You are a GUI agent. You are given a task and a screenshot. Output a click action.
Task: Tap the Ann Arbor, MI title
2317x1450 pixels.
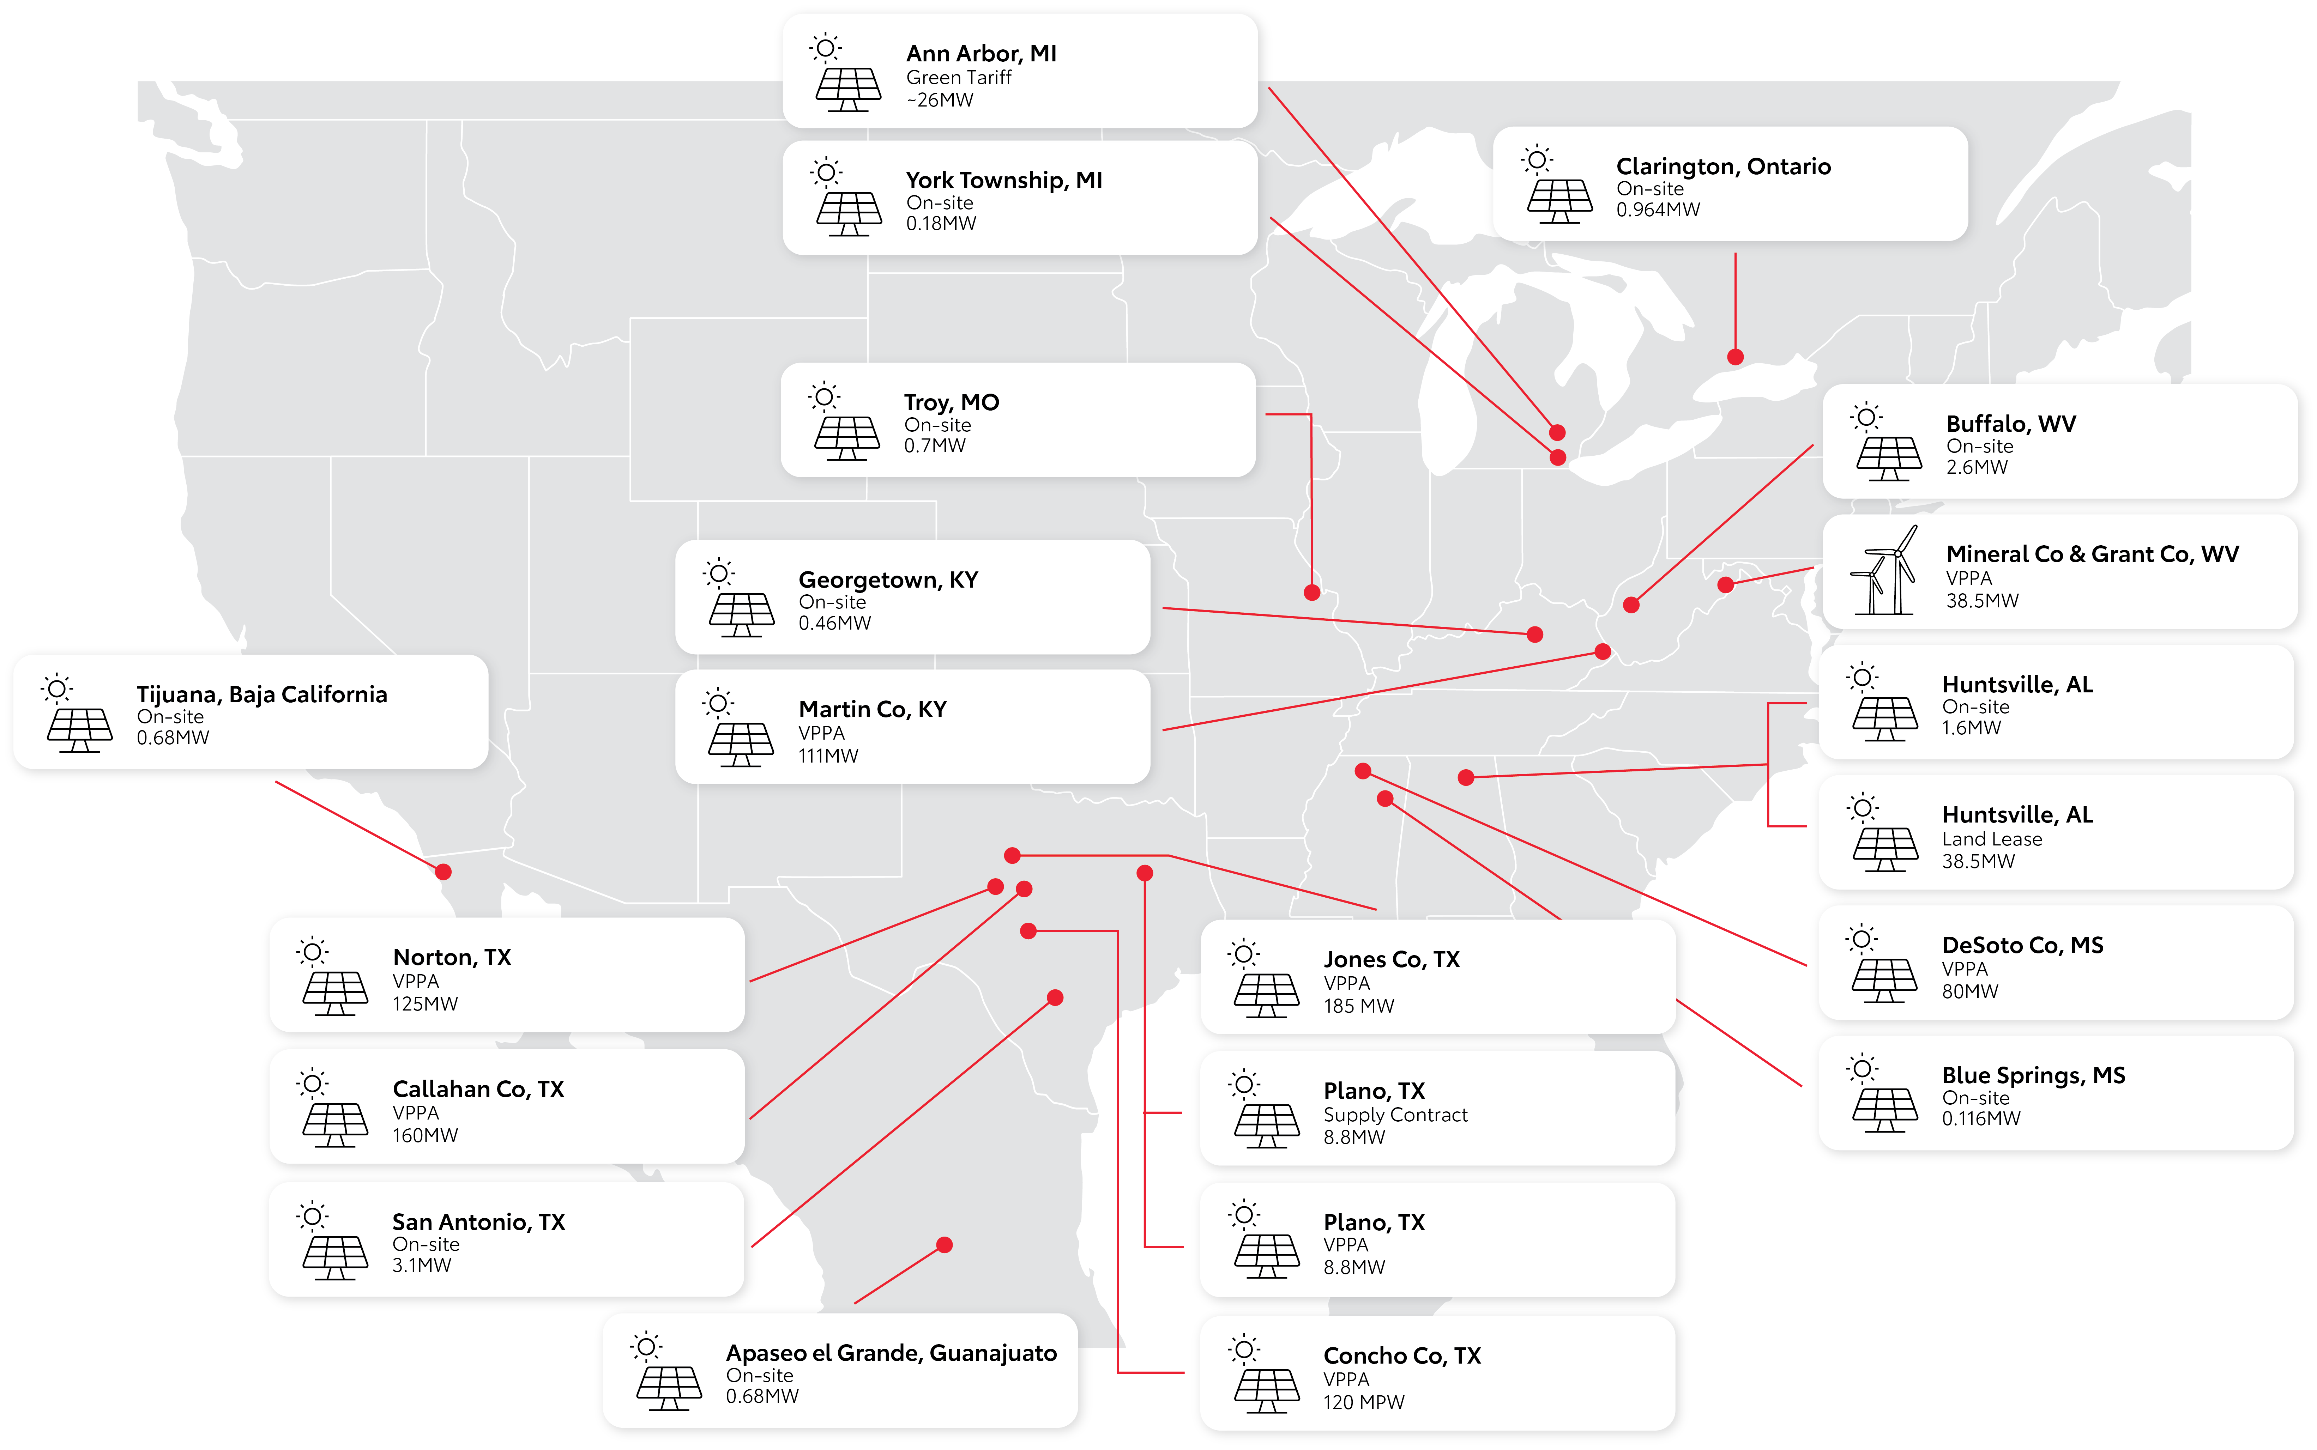[x=981, y=54]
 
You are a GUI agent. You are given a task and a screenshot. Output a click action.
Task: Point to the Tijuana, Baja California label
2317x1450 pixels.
[x=262, y=694]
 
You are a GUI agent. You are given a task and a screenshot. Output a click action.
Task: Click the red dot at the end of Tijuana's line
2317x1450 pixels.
[x=443, y=872]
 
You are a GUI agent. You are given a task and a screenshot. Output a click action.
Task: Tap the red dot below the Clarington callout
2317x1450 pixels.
[x=1735, y=357]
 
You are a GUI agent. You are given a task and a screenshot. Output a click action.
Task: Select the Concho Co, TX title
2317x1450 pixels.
[x=1402, y=1355]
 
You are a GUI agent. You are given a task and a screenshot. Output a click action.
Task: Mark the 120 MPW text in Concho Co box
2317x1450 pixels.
[x=1364, y=1402]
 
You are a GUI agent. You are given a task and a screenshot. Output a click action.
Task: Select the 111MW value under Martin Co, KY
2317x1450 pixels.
[x=828, y=756]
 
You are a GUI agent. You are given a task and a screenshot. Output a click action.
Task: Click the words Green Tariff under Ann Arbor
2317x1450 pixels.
[x=959, y=78]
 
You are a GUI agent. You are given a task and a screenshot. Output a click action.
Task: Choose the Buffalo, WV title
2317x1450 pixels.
[x=2011, y=424]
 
